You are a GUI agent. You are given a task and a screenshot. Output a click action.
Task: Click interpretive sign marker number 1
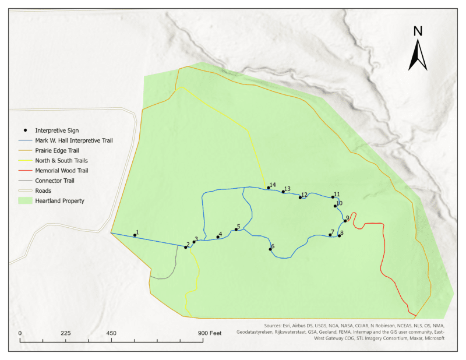135,235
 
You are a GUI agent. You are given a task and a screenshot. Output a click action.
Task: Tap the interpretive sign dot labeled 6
270,249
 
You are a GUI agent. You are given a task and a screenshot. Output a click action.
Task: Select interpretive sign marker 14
269,188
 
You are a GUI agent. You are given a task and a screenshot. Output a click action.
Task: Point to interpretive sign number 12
300,198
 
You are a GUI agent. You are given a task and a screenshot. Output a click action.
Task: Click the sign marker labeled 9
345,221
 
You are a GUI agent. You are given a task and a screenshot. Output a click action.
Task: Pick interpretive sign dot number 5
235,230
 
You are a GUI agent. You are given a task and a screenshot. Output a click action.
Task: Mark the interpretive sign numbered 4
217,237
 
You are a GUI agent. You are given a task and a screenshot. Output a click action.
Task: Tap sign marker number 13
283,192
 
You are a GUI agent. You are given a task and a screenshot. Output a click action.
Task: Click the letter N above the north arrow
418,31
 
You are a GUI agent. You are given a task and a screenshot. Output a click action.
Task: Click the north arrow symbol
418,56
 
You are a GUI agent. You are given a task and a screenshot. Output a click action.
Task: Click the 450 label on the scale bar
111,333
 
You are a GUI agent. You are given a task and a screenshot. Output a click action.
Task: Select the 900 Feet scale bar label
209,333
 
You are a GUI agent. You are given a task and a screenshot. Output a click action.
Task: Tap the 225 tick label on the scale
65,333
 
